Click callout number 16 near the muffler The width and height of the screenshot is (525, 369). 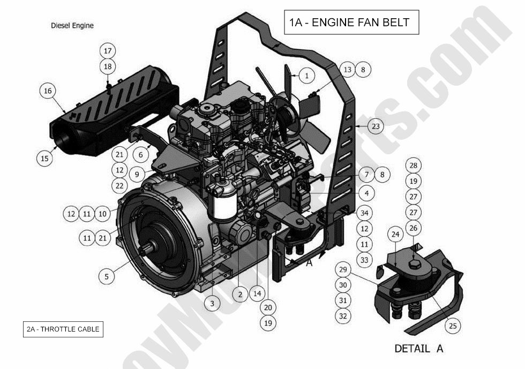(x=48, y=91)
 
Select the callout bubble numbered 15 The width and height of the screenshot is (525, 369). (x=45, y=158)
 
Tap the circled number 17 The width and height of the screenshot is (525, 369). (x=108, y=51)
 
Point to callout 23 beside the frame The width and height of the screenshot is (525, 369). (x=376, y=126)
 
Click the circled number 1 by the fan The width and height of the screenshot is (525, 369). (x=306, y=76)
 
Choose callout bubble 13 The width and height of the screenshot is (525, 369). (x=347, y=69)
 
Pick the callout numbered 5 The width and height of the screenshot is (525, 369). (x=107, y=276)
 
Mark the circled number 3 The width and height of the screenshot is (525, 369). (x=212, y=303)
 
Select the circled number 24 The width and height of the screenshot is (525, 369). (x=395, y=234)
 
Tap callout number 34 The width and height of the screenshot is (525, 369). (x=365, y=213)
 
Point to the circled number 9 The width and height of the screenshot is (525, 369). (x=137, y=174)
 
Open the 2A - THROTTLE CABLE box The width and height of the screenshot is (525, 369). (x=63, y=329)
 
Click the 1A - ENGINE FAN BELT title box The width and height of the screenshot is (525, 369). (x=351, y=22)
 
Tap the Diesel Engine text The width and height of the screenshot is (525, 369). (x=72, y=25)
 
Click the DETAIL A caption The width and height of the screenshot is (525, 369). (x=419, y=349)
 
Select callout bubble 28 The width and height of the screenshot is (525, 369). (x=413, y=165)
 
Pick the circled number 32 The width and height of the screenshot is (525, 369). (x=343, y=316)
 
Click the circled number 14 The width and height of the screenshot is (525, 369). (x=257, y=293)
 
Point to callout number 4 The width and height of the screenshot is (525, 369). (x=366, y=193)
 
